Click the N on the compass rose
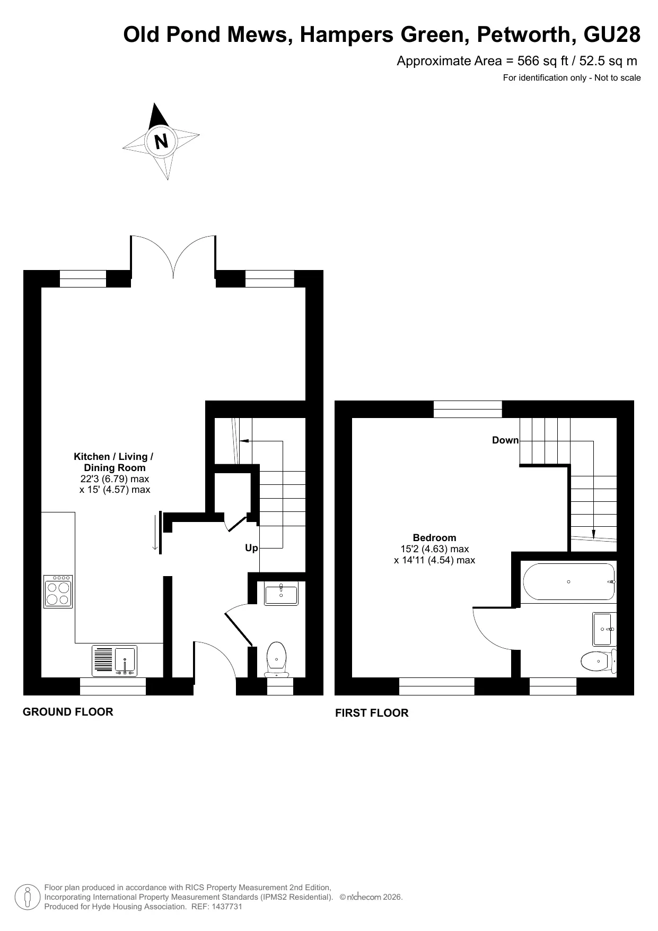click(161, 142)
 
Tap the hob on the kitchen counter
click(58, 591)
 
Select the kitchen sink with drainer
click(115, 660)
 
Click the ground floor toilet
click(276, 659)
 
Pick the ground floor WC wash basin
click(282, 593)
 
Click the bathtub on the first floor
click(569, 582)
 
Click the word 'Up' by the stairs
click(251, 547)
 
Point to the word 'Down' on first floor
click(505, 440)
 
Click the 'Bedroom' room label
click(434, 538)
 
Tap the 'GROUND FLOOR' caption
click(68, 712)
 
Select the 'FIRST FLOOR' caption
click(372, 713)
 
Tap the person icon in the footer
click(28, 897)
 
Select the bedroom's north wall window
click(468, 409)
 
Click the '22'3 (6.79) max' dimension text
click(115, 478)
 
